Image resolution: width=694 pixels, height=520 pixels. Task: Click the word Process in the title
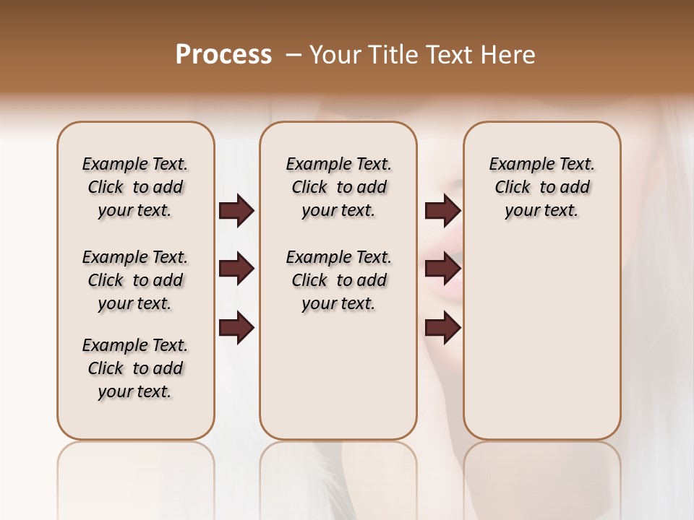[223, 54]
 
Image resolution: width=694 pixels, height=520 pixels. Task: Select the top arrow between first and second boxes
[236, 211]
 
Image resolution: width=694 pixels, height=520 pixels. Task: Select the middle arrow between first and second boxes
[236, 269]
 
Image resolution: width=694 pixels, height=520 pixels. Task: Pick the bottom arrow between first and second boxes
[236, 328]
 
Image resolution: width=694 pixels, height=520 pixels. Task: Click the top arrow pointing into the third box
[442, 211]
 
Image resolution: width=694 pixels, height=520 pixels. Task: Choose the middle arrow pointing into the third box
[442, 269]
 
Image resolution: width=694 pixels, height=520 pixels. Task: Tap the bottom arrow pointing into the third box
[442, 328]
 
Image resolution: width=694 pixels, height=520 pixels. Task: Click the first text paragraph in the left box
[135, 187]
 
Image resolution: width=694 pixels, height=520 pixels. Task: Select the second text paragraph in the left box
[135, 280]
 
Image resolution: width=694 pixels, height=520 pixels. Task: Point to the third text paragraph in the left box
[135, 368]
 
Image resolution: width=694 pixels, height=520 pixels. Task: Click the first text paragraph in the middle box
[338, 187]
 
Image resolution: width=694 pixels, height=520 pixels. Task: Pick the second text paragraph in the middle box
[338, 280]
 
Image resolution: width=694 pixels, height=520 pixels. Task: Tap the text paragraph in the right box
[541, 187]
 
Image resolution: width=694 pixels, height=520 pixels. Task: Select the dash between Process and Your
[293, 54]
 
